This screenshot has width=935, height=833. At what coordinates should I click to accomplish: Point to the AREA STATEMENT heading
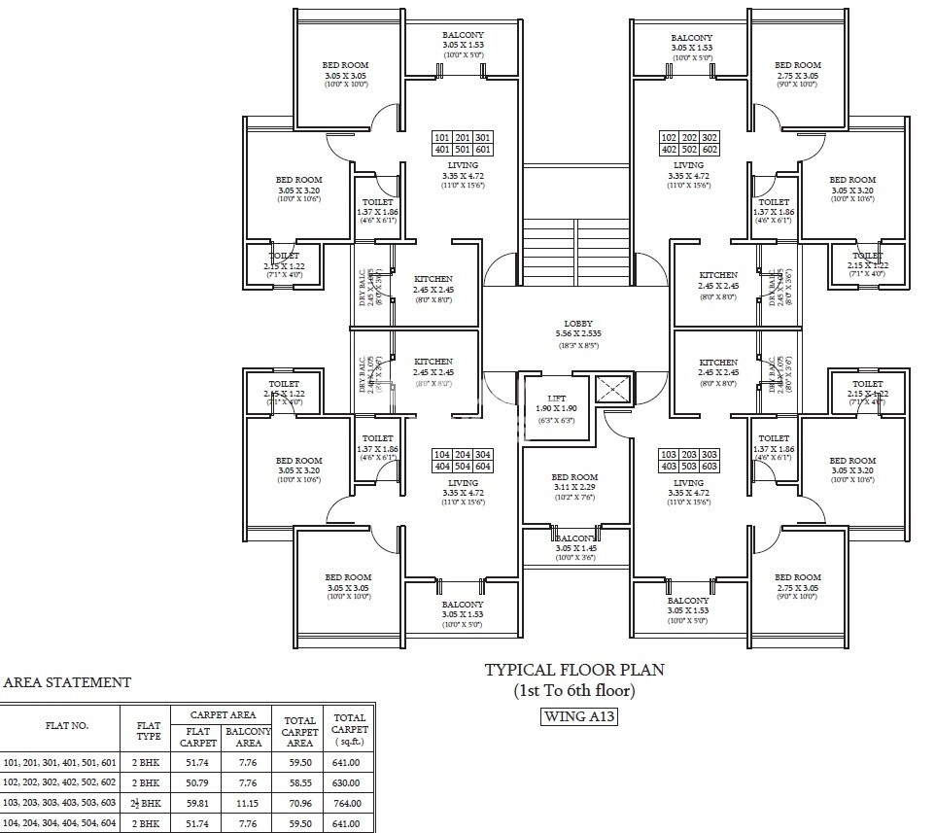pos(67,683)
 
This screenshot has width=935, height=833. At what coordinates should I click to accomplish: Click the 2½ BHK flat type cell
pos(147,804)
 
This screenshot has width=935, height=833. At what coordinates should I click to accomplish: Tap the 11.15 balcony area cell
pos(247,804)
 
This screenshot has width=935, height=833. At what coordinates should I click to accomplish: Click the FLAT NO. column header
pos(66,726)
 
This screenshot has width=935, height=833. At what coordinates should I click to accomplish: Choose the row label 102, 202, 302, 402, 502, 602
pos(60,782)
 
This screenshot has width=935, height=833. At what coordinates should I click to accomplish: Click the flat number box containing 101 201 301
pos(463,144)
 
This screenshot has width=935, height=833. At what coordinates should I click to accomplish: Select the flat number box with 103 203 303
pos(689,461)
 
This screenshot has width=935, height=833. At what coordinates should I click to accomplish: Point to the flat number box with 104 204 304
pos(463,461)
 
